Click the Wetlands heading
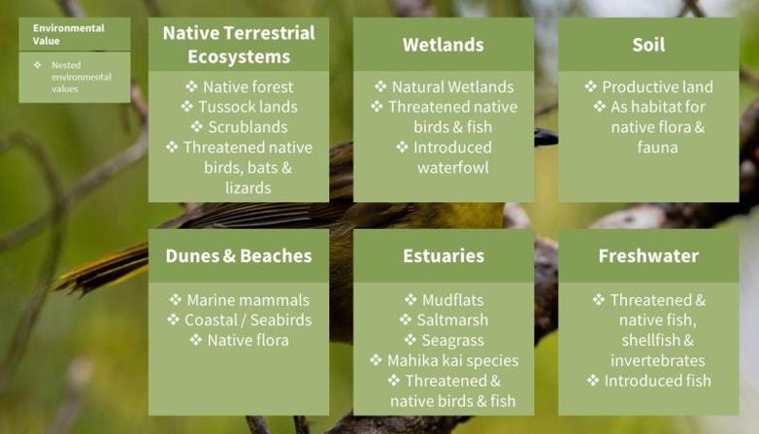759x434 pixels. point(444,45)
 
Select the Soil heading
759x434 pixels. point(648,45)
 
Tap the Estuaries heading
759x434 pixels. point(444,255)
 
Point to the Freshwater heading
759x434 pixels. point(648,255)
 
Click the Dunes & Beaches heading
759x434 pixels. point(239,255)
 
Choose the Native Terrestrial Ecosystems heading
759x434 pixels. point(239,45)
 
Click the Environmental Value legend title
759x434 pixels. point(69,34)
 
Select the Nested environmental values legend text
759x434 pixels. point(82,77)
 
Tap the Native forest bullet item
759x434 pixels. point(240,87)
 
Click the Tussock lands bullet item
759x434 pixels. point(240,107)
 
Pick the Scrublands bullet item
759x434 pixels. point(240,127)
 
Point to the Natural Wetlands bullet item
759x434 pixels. point(444,87)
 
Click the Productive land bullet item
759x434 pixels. point(648,87)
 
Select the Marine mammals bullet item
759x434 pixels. point(240,300)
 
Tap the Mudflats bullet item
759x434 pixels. point(444,300)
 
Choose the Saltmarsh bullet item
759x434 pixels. point(444,320)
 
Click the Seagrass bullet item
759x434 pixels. point(444,341)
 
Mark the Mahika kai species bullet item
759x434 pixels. point(444,360)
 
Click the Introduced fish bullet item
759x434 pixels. point(648,381)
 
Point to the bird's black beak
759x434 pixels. point(546,138)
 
